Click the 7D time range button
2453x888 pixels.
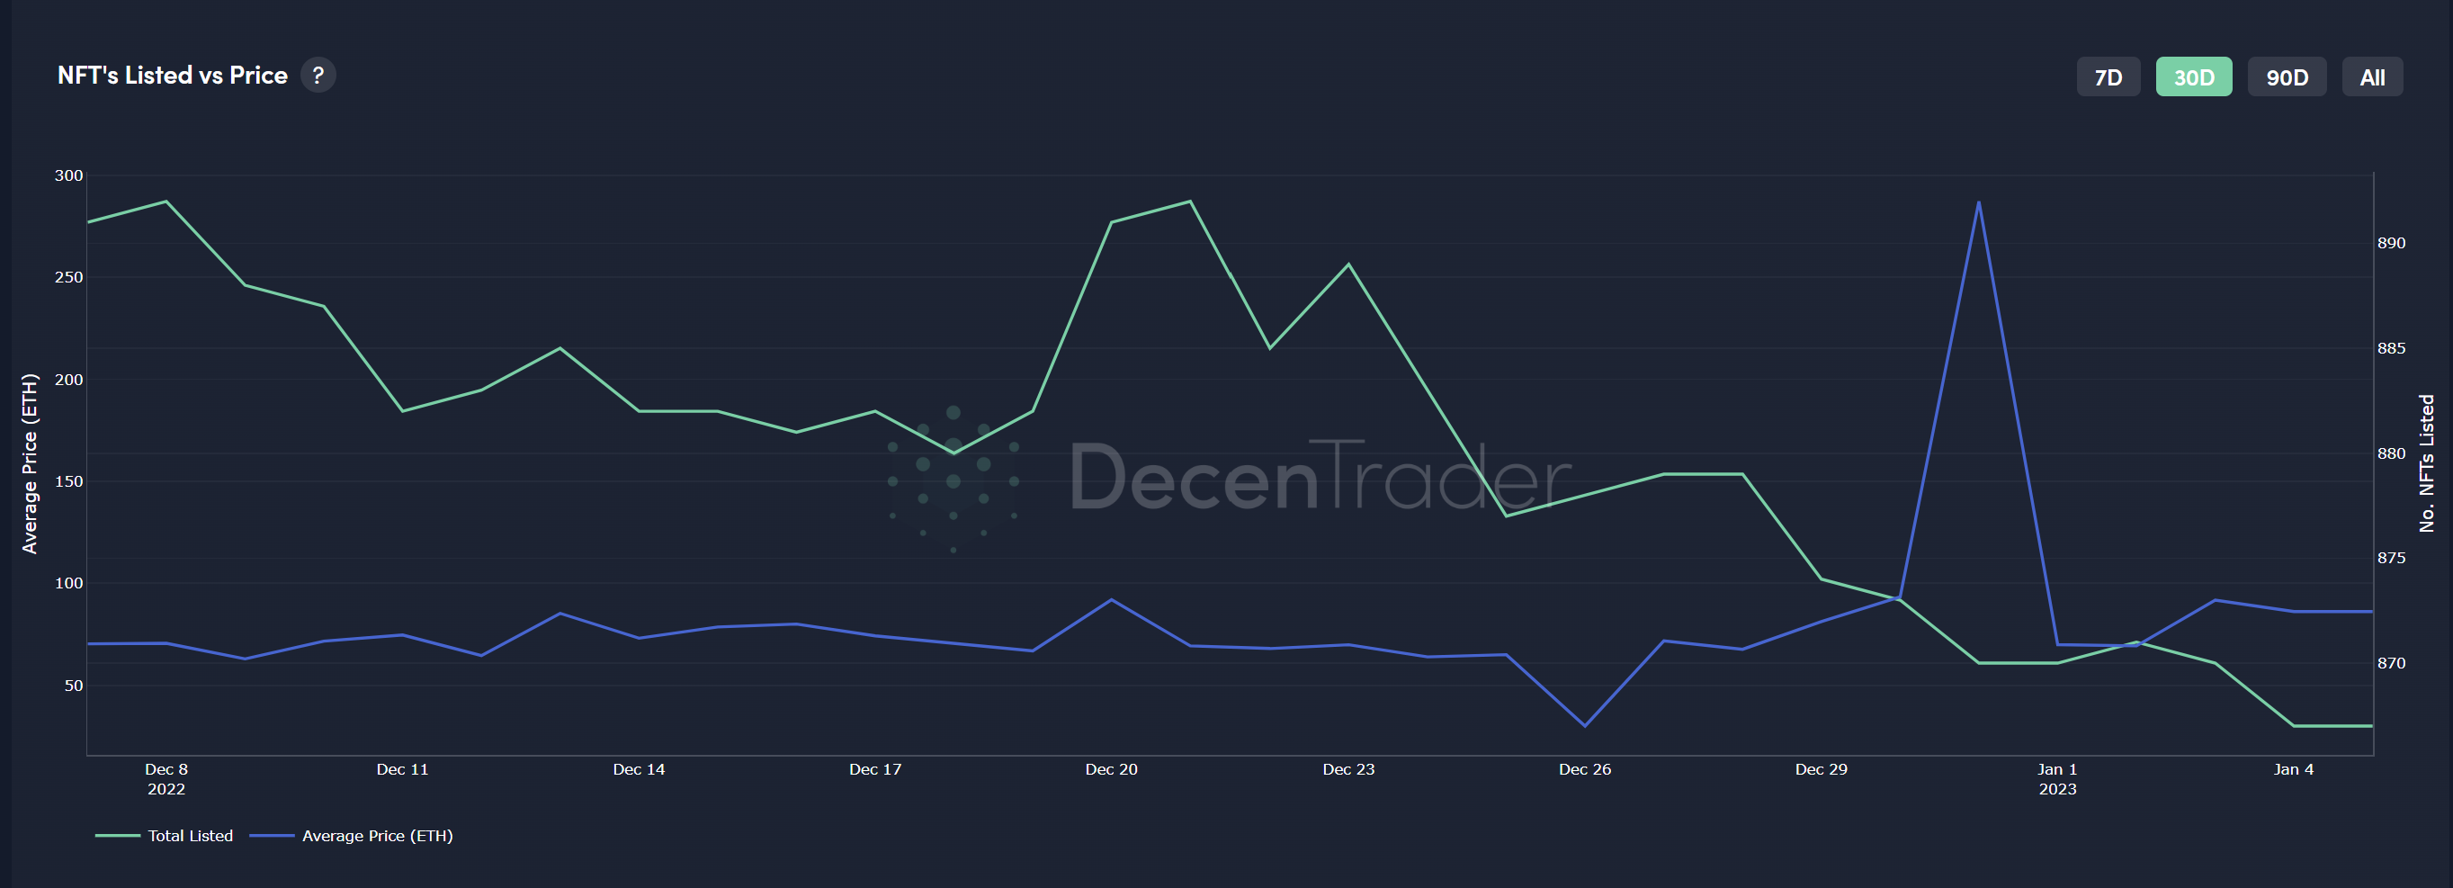tap(2108, 77)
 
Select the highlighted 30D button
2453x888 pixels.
tap(2193, 77)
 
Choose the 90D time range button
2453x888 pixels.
tap(2287, 77)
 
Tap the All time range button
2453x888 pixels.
tap(2371, 77)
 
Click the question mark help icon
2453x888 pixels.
tap(318, 76)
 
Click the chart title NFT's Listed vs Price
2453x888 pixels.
tap(173, 76)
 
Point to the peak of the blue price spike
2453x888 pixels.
tap(1979, 202)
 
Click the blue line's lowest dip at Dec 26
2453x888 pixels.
tap(1585, 726)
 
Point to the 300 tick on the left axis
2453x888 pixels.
tap(69, 175)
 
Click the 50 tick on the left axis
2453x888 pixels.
tap(74, 685)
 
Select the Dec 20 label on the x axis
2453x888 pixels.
tap(1111, 769)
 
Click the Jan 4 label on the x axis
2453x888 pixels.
tap(2293, 769)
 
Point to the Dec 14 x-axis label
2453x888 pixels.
tap(639, 769)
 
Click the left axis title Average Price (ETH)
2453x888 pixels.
tap(30, 464)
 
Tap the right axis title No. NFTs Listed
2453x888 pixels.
tap(2426, 464)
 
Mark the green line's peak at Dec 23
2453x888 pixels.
tap(1348, 264)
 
